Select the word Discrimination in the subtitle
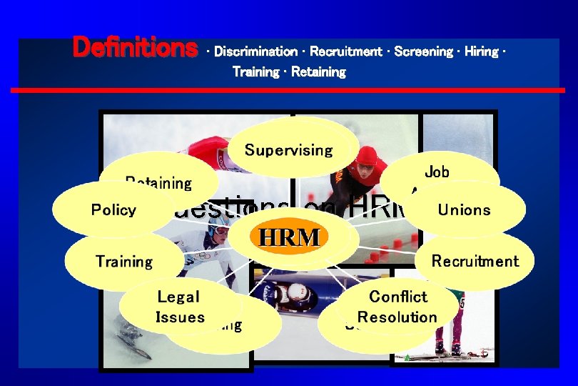point(255,51)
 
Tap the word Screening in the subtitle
point(423,51)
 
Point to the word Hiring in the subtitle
point(481,51)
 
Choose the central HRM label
point(289,237)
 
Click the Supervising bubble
point(288,150)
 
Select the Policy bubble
point(113,209)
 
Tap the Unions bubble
point(464,209)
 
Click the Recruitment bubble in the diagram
point(475,261)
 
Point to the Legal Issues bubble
point(179,307)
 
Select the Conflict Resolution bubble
point(397,307)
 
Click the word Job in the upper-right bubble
point(437,172)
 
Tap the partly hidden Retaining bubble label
point(158,182)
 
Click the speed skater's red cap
point(367,155)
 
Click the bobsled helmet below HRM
point(295,293)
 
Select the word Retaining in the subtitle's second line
point(318,72)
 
